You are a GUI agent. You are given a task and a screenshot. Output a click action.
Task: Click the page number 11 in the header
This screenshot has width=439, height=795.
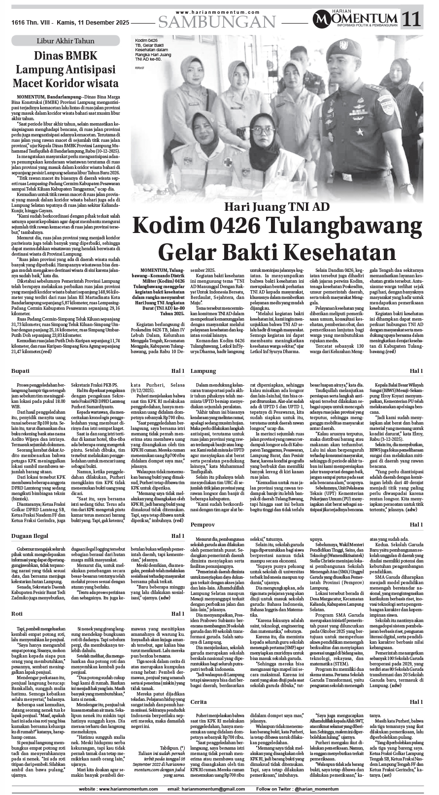point(412,19)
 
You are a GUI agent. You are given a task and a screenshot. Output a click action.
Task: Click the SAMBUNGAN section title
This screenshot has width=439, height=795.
point(217,22)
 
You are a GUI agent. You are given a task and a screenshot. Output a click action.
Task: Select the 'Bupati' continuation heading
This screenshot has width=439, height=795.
point(21,370)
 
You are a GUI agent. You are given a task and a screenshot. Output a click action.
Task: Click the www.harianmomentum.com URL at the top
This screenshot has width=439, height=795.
point(217,12)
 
